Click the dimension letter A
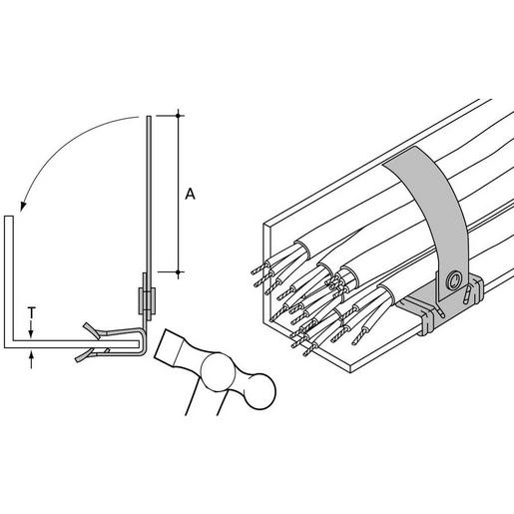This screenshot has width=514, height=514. (x=190, y=194)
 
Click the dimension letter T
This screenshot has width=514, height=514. (x=31, y=312)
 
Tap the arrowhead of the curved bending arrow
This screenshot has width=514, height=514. (x=23, y=206)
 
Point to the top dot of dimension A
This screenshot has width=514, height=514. (x=178, y=116)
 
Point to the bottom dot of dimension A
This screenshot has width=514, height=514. (x=178, y=272)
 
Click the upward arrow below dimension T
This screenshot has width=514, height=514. (x=31, y=360)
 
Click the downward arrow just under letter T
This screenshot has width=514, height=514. (x=31, y=329)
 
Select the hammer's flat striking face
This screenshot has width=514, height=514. (x=167, y=347)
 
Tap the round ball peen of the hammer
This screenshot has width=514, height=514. (x=260, y=391)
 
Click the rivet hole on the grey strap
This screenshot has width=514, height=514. (x=454, y=280)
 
